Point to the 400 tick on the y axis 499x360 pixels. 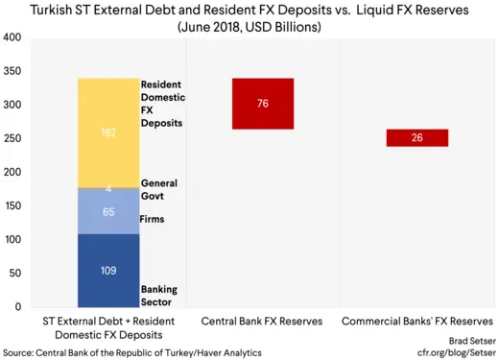pyautogui.click(x=12, y=38)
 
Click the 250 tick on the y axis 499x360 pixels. pyautogui.click(x=12, y=139)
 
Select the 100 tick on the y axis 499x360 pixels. pyautogui.click(x=12, y=240)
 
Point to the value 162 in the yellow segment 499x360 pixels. pyautogui.click(x=108, y=133)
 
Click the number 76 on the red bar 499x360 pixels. pyautogui.click(x=263, y=103)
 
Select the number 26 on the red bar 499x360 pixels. pyautogui.click(x=416, y=138)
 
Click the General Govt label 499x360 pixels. pyautogui.click(x=159, y=189)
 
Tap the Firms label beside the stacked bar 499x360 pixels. pyautogui.click(x=154, y=219)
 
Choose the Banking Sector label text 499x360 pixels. pyautogui.click(x=159, y=295)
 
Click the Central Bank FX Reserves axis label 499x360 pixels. pyautogui.click(x=262, y=320)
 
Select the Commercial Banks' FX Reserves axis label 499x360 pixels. pyautogui.click(x=416, y=320)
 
